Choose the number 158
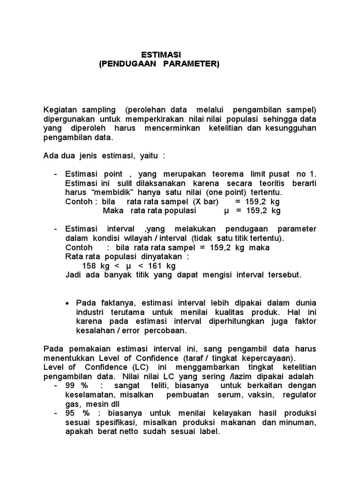click(89, 265)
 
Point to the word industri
click(90, 312)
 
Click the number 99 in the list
click(70, 385)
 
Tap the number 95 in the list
click(70, 413)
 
